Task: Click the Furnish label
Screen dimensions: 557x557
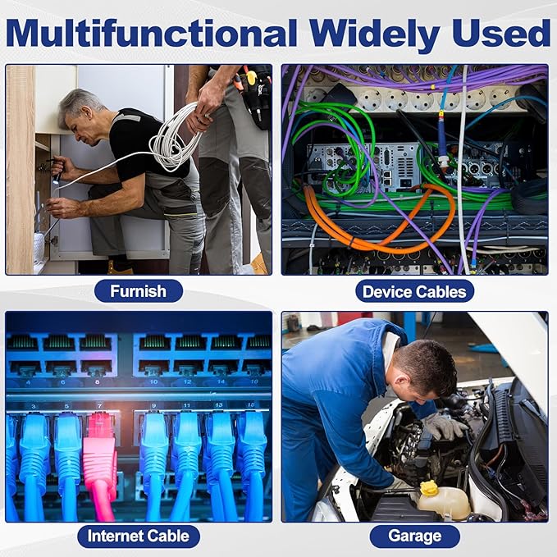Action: (x=138, y=291)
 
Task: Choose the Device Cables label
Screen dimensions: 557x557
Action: (x=414, y=291)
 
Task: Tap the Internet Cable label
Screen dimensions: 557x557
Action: (x=139, y=536)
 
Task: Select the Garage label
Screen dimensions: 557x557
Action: (x=414, y=536)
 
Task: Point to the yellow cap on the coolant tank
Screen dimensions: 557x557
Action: (x=428, y=488)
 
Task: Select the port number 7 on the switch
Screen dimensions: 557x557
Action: (x=100, y=406)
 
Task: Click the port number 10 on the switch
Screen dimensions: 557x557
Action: (x=153, y=382)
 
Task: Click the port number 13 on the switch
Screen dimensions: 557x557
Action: (x=218, y=405)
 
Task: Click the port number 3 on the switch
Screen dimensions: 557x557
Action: (x=34, y=406)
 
